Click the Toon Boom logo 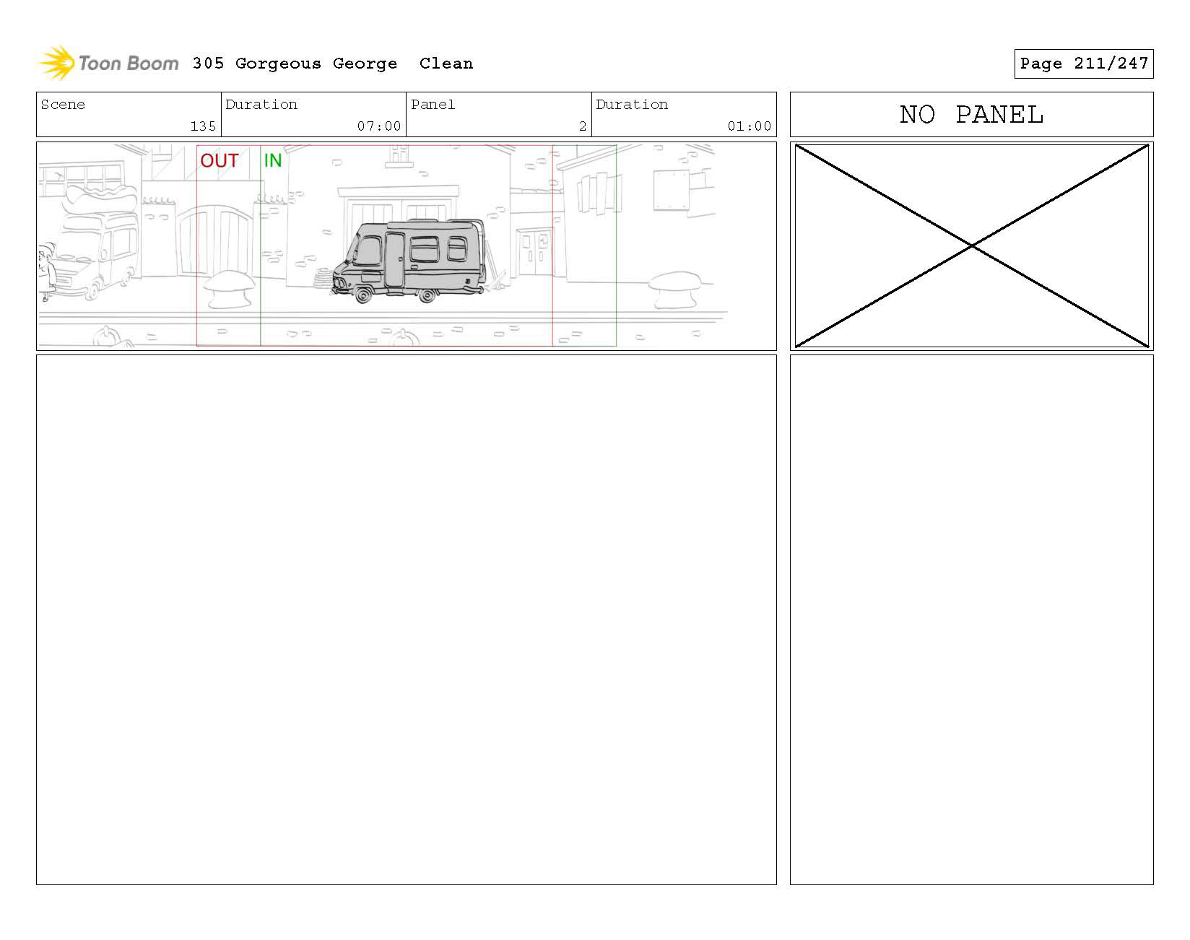tap(108, 64)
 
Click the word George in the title tap(365, 64)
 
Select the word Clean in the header tap(446, 64)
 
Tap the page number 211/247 tap(1111, 64)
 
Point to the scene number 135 tap(203, 126)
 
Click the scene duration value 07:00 tap(379, 126)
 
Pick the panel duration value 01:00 tap(750, 126)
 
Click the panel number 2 tap(582, 126)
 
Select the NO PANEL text tap(971, 115)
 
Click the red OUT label tap(220, 160)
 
